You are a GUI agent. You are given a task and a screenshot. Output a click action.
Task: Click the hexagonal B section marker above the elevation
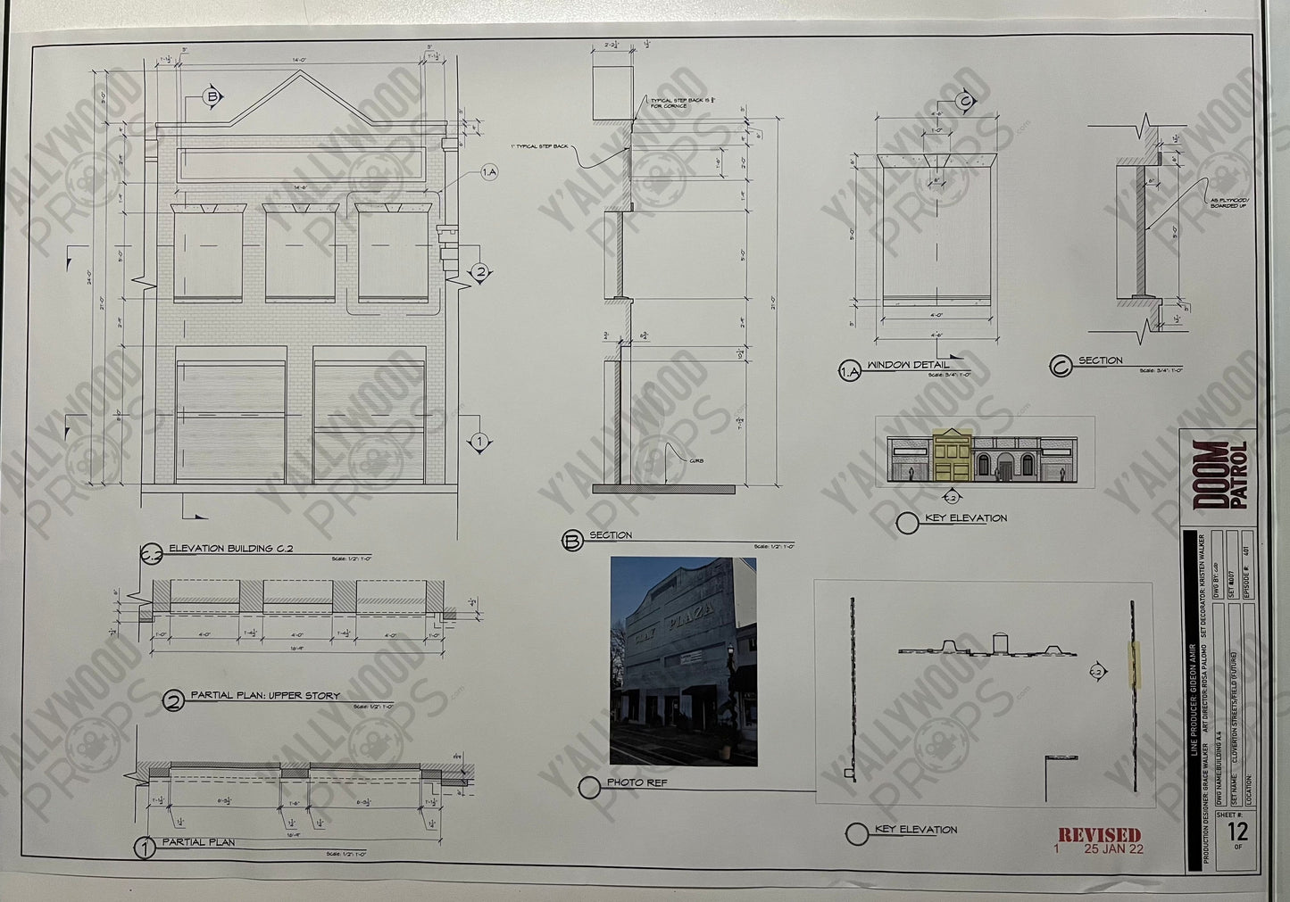pyautogui.click(x=213, y=97)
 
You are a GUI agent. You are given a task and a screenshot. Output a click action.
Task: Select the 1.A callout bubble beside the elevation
pyautogui.click(x=488, y=173)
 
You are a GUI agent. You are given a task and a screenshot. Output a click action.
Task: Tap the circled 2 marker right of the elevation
pyautogui.click(x=480, y=273)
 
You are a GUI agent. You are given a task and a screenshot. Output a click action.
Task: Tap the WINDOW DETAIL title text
pyautogui.click(x=908, y=365)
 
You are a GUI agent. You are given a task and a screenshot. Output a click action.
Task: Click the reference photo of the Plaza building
pyautogui.click(x=683, y=661)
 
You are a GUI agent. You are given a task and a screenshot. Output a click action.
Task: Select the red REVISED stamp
pyautogui.click(x=1099, y=835)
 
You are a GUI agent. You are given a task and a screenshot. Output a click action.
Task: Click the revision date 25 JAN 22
pyautogui.click(x=1113, y=849)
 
